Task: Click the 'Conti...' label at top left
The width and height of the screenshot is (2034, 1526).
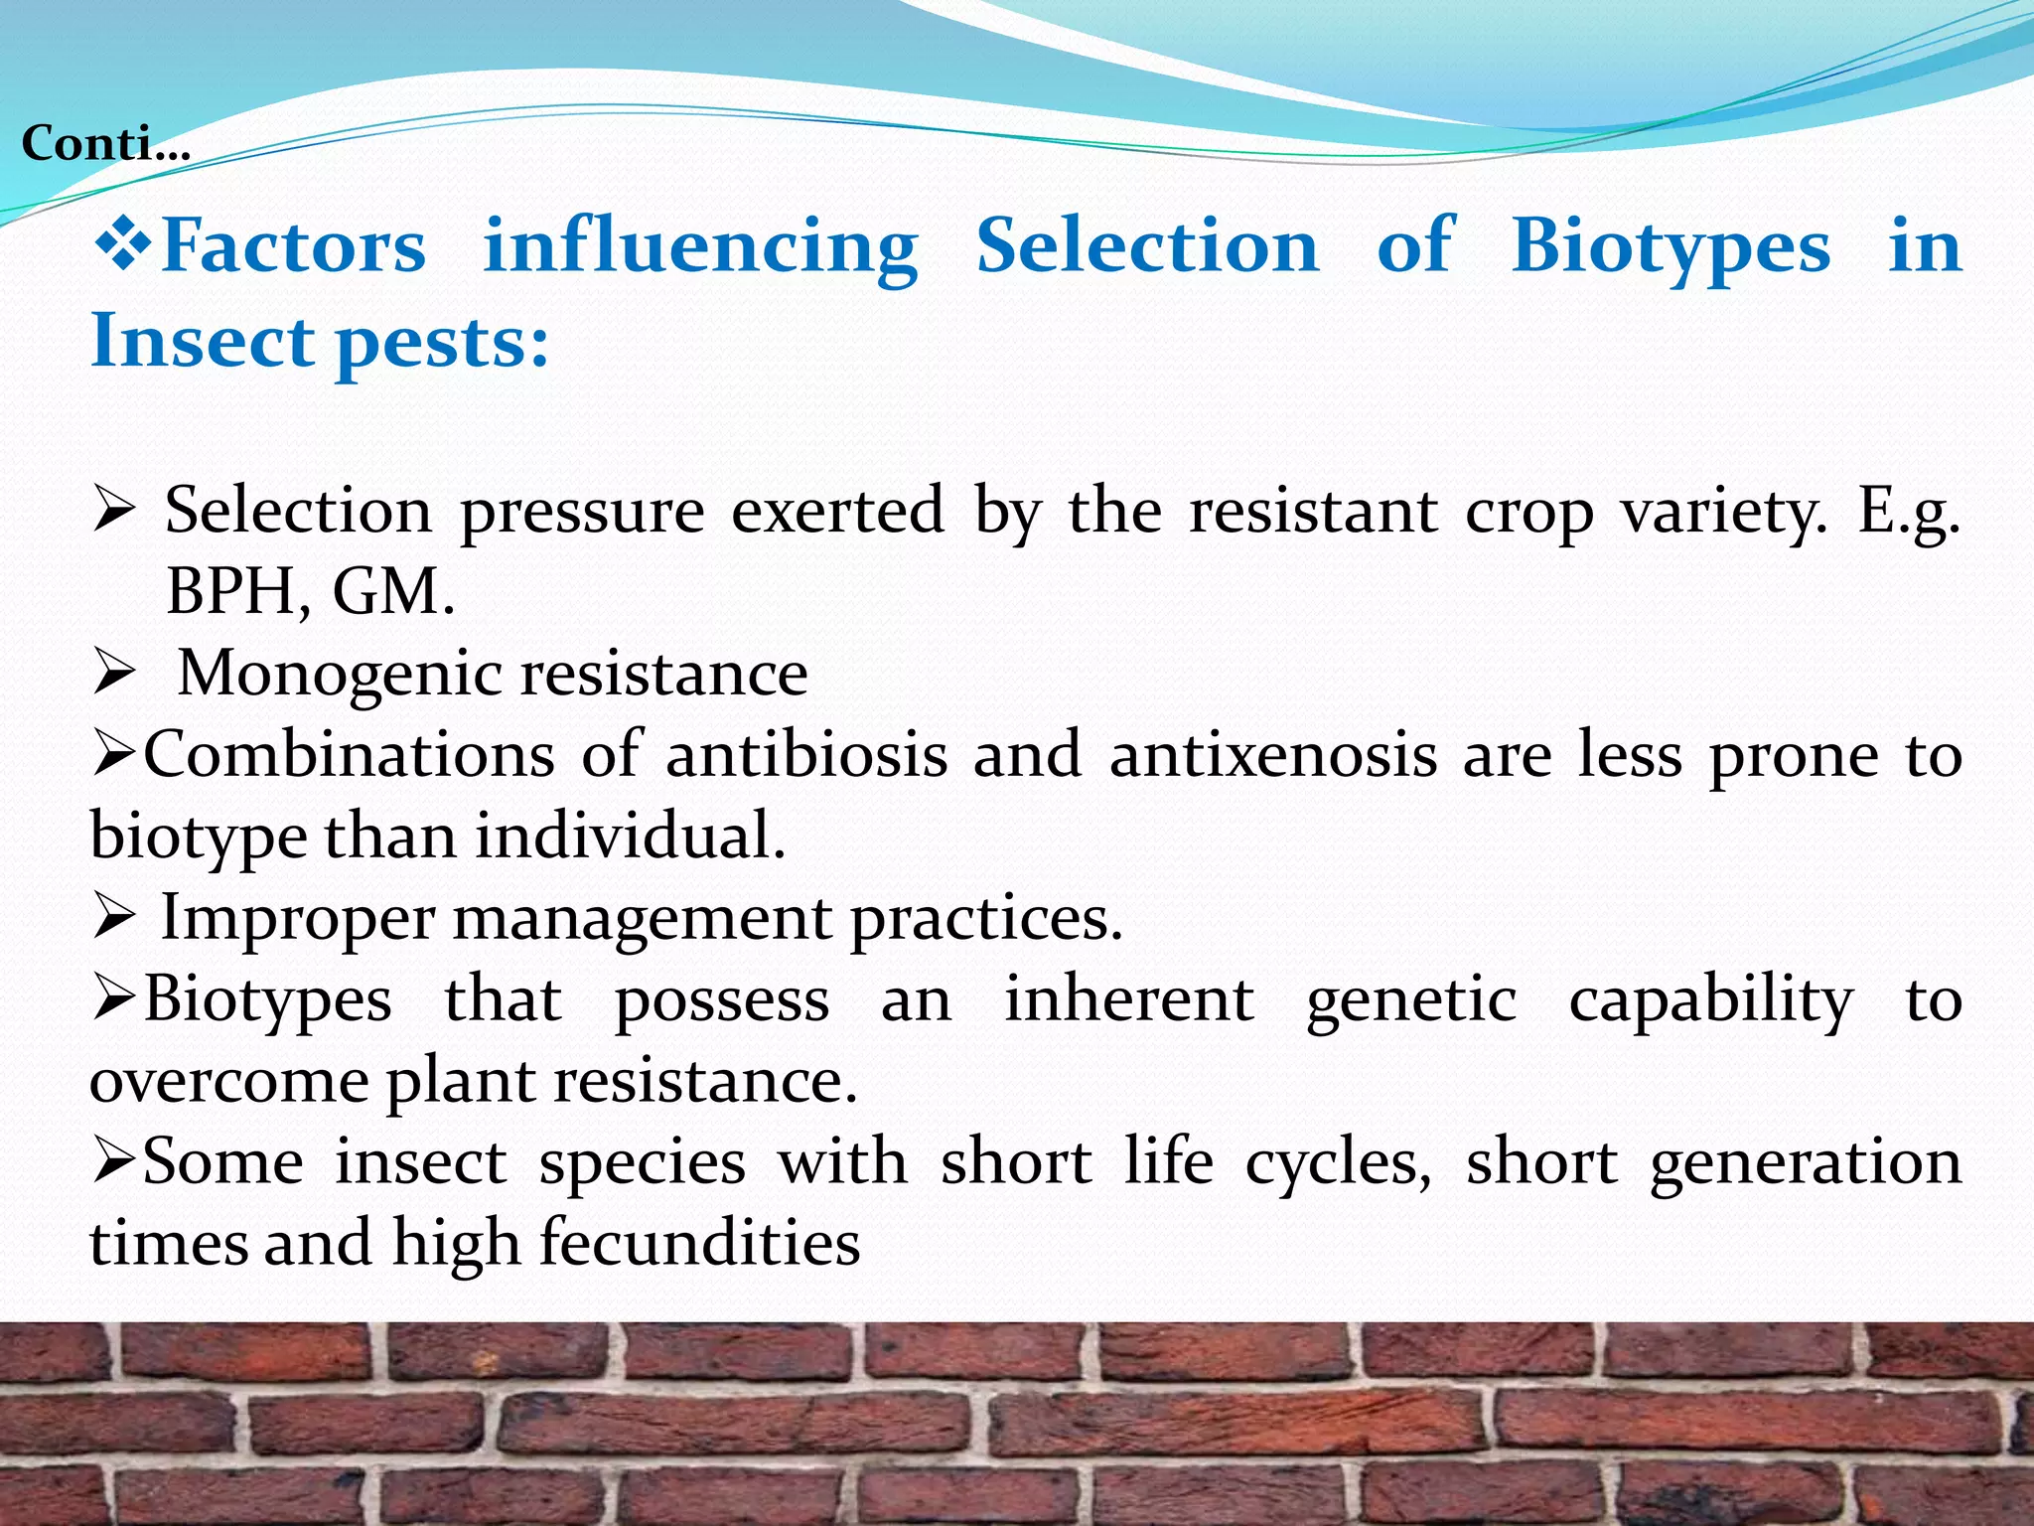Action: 105,144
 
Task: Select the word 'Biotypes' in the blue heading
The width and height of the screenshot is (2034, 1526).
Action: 1671,246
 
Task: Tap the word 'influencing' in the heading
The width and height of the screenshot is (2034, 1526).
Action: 700,246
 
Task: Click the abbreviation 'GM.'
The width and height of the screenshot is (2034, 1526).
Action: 393,592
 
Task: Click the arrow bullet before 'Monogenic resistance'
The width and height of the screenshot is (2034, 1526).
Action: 113,674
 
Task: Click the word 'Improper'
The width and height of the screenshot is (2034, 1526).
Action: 298,918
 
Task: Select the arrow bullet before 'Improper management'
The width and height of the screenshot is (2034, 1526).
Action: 113,918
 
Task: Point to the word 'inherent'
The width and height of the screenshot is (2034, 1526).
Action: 1128,999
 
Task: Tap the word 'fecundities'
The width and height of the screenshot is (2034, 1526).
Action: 699,1244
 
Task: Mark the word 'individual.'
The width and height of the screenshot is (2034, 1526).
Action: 630,837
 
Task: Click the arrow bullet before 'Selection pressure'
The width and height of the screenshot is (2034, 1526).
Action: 113,513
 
